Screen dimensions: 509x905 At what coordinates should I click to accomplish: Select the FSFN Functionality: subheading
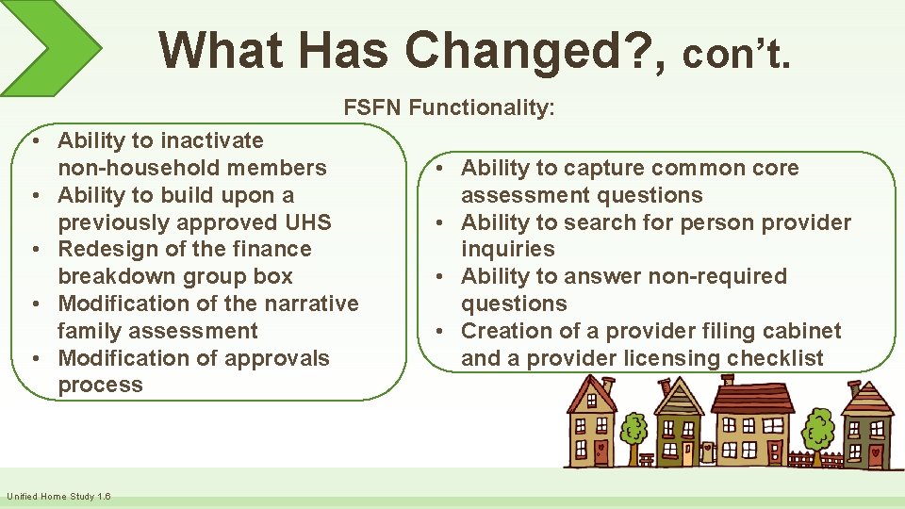449,107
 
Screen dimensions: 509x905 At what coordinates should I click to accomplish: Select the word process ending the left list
100,385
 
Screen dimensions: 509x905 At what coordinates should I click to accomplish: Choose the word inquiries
507,249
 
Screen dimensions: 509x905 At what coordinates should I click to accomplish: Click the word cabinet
801,331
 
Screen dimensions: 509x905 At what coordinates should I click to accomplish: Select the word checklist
777,358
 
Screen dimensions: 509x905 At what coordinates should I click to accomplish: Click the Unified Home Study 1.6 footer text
58,497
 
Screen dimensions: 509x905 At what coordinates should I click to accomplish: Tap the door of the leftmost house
600,450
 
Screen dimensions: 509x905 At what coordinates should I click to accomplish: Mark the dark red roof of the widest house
751,397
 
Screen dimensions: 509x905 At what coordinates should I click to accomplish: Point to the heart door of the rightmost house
876,453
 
